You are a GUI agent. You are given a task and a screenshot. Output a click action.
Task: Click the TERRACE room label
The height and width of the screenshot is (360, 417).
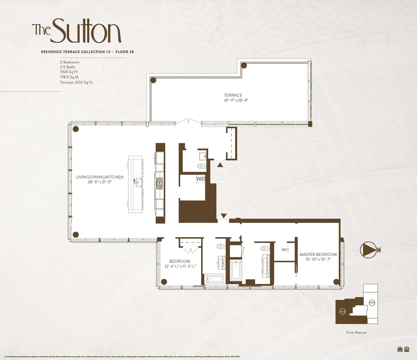(233, 95)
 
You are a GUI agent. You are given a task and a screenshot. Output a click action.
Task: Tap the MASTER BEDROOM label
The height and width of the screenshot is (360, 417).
(318, 254)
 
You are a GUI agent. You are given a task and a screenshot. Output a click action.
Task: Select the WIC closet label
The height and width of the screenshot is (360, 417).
(285, 250)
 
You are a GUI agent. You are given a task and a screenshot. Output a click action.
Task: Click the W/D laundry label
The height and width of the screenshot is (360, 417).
(201, 179)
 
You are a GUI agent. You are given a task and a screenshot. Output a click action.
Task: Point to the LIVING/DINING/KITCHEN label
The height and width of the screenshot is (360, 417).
(99, 177)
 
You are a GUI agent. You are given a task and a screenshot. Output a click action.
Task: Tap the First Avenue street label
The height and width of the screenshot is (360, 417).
(356, 333)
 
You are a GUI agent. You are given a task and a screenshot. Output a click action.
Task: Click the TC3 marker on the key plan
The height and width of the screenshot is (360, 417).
(343, 312)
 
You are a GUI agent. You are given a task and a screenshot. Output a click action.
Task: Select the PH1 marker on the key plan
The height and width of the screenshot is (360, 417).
(372, 303)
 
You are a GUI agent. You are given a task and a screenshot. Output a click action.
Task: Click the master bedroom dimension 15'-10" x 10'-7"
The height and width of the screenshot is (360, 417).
(318, 259)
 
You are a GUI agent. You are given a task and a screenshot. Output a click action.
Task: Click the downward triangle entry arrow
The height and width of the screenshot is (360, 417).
(223, 216)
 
